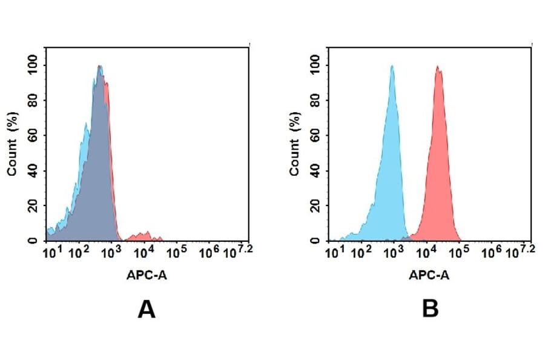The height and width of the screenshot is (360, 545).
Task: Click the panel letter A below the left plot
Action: pos(147,309)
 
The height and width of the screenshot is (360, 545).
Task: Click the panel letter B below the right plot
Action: pos(430,309)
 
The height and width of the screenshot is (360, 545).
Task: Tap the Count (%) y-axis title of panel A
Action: pos(12,144)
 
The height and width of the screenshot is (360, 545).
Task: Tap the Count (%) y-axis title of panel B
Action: pos(295,144)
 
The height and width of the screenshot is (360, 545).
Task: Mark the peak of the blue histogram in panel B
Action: pos(392,67)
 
